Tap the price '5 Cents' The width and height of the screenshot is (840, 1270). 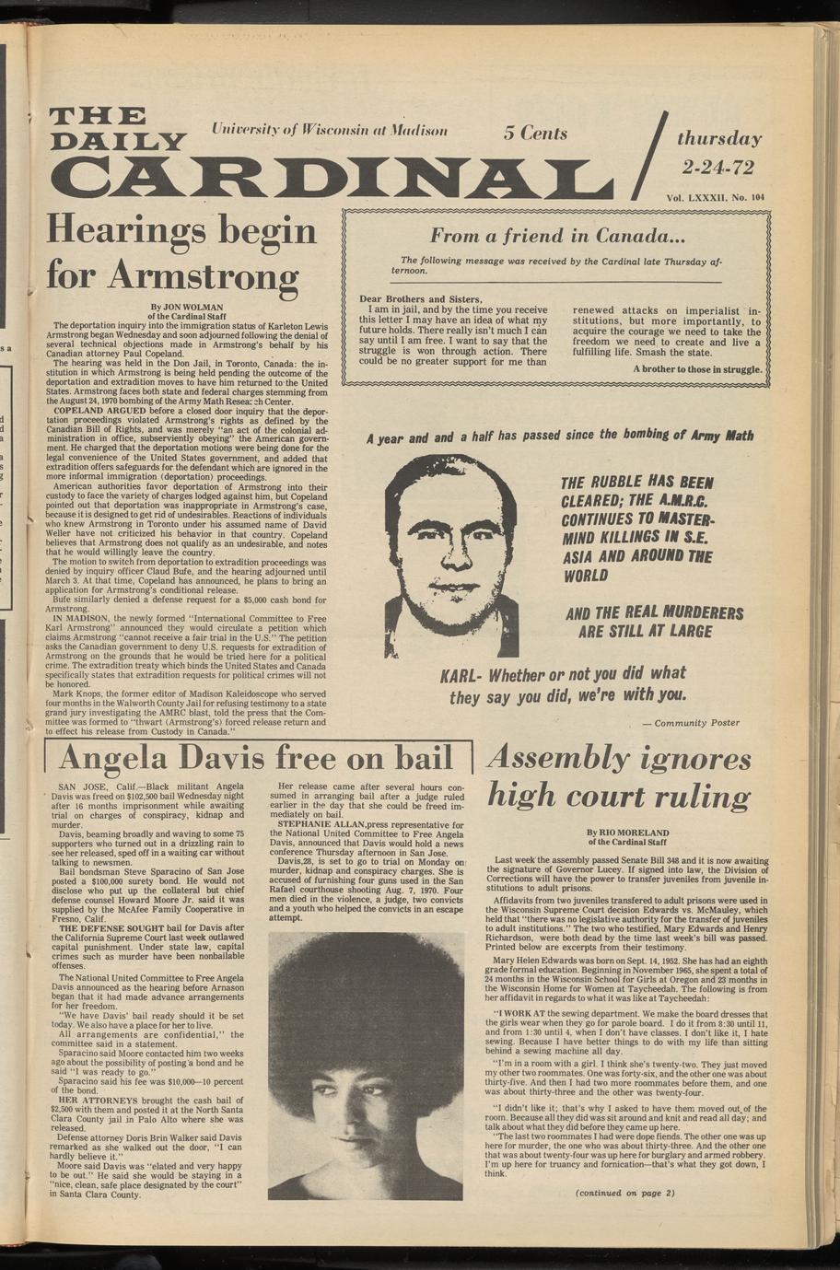(x=535, y=133)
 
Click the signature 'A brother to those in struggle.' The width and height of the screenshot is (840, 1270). (x=698, y=370)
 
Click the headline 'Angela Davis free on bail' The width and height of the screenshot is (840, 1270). (x=257, y=758)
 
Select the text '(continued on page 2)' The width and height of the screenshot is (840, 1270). (x=624, y=1194)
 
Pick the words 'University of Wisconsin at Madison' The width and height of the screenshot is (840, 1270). (x=330, y=130)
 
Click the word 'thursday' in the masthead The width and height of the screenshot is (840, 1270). (x=719, y=139)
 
